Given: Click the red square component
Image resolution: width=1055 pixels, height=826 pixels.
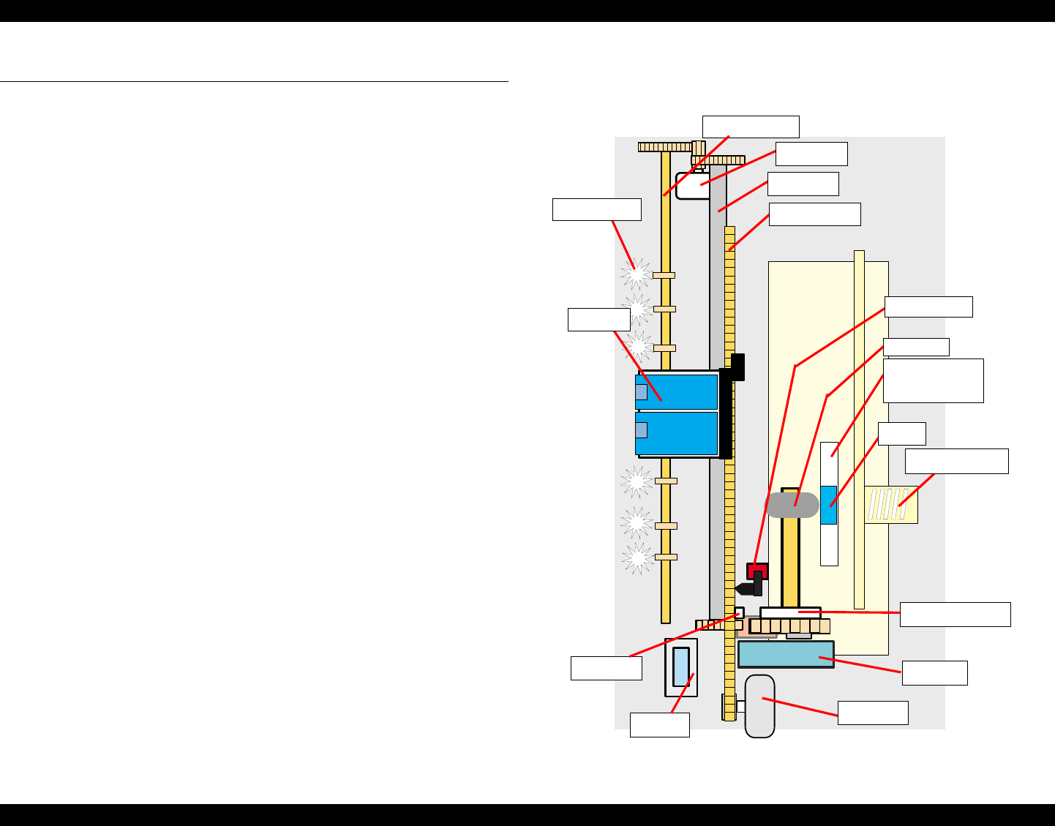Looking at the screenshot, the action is [x=757, y=570].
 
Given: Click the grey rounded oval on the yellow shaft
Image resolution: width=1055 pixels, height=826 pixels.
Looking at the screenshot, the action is [x=792, y=505].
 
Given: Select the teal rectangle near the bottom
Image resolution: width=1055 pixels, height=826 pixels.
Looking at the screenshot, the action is [x=786, y=654].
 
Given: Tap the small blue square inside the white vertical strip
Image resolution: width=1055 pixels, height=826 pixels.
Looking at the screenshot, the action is [x=828, y=505].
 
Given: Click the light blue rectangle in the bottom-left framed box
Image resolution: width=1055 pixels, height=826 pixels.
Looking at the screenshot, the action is [x=681, y=666].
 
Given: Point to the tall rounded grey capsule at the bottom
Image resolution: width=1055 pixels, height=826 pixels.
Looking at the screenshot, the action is [x=759, y=706].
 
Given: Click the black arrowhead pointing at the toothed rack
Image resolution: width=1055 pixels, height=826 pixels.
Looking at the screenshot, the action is [x=743, y=588].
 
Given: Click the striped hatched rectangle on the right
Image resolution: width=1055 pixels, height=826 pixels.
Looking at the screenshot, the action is [x=890, y=505].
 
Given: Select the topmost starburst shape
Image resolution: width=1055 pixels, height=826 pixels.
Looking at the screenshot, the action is [x=636, y=274].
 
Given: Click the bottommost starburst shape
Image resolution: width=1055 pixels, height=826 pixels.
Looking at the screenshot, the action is [x=637, y=559].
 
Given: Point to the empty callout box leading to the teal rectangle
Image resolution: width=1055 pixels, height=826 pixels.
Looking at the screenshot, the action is [x=934, y=673].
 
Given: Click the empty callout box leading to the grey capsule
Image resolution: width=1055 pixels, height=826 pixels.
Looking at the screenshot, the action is [x=873, y=713].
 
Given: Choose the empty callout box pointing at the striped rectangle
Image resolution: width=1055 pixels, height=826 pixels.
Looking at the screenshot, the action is [x=956, y=461].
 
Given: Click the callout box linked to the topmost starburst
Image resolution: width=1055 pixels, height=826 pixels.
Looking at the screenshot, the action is [x=596, y=209].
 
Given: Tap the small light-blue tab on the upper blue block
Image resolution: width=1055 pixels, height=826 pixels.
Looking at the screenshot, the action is [x=641, y=391].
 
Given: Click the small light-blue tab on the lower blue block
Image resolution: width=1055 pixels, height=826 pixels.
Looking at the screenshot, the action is [x=641, y=429].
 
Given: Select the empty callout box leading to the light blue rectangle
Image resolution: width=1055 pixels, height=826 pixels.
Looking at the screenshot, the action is [x=659, y=725].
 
